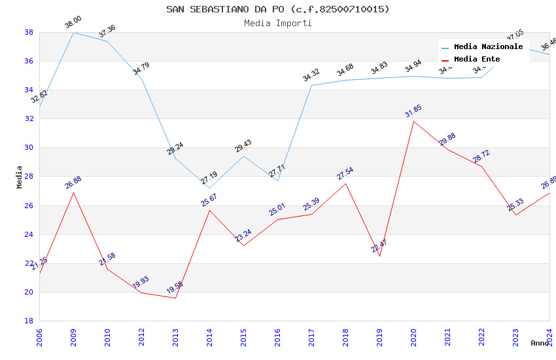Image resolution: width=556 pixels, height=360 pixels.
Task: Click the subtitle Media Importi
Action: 277,23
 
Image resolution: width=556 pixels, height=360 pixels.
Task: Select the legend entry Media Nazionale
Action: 488,46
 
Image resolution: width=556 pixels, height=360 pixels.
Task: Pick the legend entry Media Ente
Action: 477,59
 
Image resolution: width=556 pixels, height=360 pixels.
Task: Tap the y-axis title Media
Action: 20,177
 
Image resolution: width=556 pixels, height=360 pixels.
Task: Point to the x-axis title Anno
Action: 540,343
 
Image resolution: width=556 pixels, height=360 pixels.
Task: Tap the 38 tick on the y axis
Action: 29,32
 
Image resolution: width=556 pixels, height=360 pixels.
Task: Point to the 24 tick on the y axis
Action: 29,234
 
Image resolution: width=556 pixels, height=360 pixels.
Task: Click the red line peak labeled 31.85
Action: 413,121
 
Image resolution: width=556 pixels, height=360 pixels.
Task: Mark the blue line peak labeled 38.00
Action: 73,32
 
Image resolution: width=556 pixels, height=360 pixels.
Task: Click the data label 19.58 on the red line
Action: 175,287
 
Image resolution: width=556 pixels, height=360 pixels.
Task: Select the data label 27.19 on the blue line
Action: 209,177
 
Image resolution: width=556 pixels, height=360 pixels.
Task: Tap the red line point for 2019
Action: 379,256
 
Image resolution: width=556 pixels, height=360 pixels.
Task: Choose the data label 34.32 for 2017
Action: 311,75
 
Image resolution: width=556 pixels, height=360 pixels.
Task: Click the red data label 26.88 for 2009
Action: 73,182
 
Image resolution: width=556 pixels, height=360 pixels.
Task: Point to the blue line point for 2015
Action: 243,156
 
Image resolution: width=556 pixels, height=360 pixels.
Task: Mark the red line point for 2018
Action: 345,183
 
